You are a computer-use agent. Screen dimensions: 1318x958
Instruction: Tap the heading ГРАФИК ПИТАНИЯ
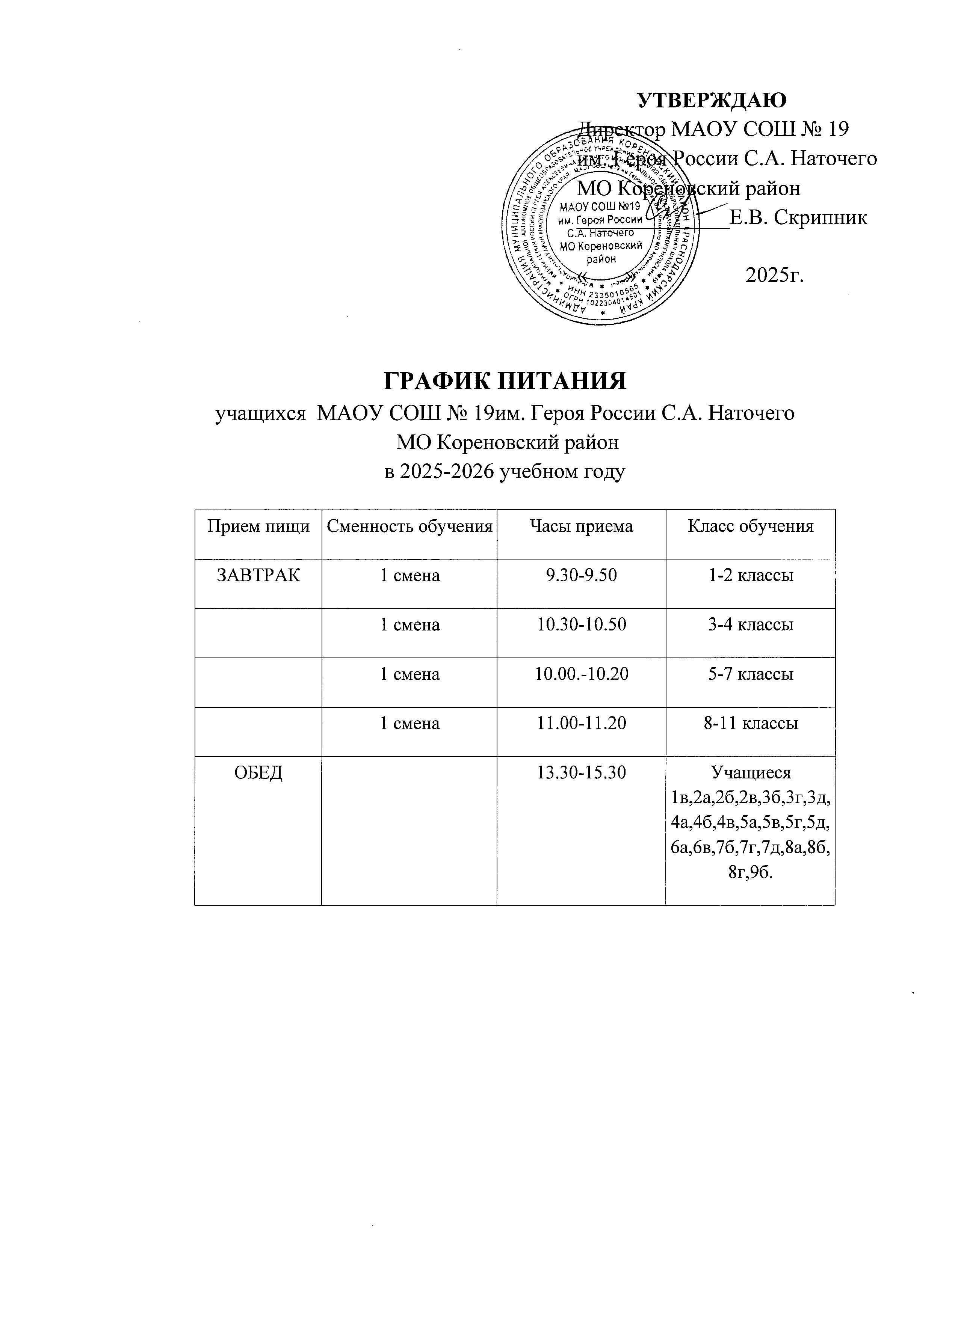505,381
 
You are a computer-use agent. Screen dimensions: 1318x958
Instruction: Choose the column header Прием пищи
258,526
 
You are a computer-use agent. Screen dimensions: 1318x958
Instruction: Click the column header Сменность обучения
409,526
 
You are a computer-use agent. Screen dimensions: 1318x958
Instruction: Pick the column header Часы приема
581,526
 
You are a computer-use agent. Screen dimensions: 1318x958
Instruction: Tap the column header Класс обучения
751,526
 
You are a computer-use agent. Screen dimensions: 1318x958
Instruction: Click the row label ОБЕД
258,773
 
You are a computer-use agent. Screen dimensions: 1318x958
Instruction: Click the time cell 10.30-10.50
581,625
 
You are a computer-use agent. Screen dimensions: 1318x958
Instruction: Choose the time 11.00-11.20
581,724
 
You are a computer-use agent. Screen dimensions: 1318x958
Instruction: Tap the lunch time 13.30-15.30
581,773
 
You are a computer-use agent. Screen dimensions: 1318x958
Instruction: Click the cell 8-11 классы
751,724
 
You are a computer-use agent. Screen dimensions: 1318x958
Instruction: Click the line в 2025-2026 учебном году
505,471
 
